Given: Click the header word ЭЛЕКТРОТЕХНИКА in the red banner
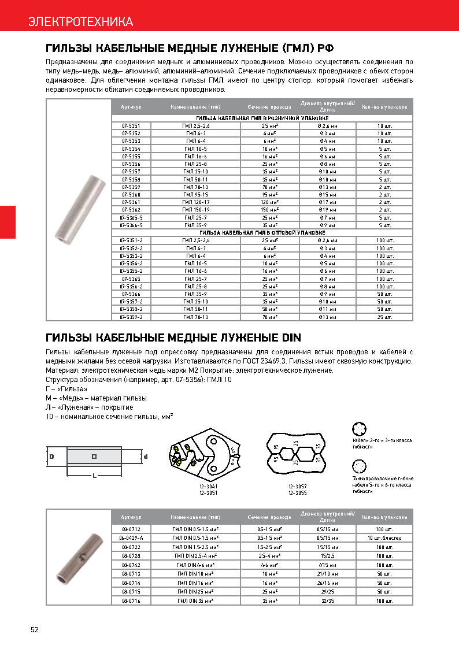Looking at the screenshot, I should tap(81, 22).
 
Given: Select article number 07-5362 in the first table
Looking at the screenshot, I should tap(131, 209).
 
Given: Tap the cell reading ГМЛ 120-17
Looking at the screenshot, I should tap(196, 202).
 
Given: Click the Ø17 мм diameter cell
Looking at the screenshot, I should tap(327, 202).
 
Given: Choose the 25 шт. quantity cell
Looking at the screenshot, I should tap(384, 317).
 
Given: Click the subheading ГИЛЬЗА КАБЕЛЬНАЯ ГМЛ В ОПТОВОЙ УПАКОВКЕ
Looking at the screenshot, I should tap(262, 232).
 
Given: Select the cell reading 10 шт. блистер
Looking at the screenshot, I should tap(384, 538).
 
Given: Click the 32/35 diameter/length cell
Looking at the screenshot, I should tap(327, 602).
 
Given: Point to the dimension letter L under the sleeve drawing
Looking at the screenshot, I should tap(94, 476).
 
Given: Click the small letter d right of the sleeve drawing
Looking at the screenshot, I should tap(146, 457).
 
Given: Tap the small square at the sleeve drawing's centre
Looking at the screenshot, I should tap(94, 457).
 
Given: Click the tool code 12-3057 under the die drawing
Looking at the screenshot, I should tap(297, 487).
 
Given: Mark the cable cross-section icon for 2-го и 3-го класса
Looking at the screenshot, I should tap(360, 429).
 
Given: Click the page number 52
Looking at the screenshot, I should tap(34, 630).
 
